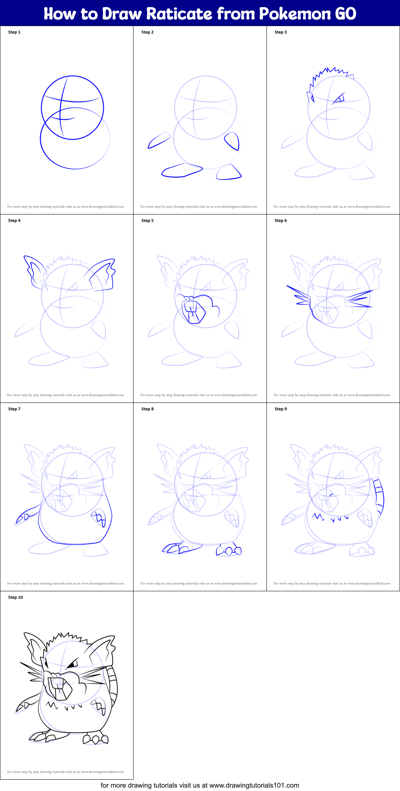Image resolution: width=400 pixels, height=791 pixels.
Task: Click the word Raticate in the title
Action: click(179, 14)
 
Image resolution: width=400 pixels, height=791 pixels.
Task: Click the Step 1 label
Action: click(14, 32)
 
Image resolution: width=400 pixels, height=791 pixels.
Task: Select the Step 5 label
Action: click(148, 220)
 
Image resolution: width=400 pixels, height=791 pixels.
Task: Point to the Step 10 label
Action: click(15, 597)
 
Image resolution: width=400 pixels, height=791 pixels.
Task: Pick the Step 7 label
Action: click(14, 409)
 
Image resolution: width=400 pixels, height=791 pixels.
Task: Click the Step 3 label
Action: click(281, 32)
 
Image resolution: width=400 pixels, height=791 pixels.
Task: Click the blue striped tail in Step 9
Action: click(379, 498)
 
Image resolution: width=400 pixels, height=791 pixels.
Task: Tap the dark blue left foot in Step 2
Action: click(182, 171)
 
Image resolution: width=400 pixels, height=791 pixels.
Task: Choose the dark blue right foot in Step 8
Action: click(229, 550)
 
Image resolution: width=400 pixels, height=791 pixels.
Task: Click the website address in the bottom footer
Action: click(254, 785)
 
